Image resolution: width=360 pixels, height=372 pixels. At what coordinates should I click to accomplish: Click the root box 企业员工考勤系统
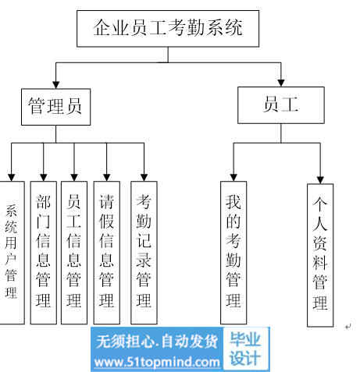pyautogui.click(x=168, y=29)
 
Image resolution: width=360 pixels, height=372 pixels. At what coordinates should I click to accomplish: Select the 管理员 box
pyautogui.click(x=56, y=107)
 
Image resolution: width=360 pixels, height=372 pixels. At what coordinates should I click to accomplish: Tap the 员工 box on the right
pyautogui.click(x=281, y=105)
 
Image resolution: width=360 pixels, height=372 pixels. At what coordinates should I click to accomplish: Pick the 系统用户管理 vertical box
pyautogui.click(x=12, y=253)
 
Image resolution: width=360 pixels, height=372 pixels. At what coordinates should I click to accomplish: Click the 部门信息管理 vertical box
pyautogui.click(x=44, y=253)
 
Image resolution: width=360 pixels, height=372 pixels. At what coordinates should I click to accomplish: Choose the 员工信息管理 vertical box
pyautogui.click(x=74, y=253)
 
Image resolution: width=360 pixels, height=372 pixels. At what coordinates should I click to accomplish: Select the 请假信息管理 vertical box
pyautogui.click(x=107, y=253)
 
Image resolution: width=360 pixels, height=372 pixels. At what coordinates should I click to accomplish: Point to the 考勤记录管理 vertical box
pyautogui.click(x=144, y=253)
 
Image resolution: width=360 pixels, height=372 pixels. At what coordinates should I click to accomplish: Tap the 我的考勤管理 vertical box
pyautogui.click(x=233, y=253)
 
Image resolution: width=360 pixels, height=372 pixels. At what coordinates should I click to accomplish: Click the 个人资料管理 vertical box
pyautogui.click(x=320, y=255)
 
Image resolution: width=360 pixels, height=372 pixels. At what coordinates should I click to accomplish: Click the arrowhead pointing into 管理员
pyautogui.click(x=56, y=85)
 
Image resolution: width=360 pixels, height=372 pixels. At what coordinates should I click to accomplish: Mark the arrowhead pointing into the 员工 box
pyautogui.click(x=281, y=83)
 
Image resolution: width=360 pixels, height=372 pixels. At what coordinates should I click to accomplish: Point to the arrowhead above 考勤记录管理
pyautogui.click(x=144, y=178)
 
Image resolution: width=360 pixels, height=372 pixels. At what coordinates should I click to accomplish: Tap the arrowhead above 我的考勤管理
pyautogui.click(x=233, y=178)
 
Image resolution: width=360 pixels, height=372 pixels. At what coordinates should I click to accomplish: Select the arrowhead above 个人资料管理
pyautogui.click(x=320, y=180)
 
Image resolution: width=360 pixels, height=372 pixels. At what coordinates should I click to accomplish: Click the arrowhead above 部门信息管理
pyautogui.click(x=44, y=178)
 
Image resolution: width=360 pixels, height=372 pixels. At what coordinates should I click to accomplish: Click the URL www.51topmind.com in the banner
pyautogui.click(x=157, y=363)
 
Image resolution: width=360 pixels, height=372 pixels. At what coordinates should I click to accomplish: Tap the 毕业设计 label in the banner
pyautogui.click(x=245, y=349)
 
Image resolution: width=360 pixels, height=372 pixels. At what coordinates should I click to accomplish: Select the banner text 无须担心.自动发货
pyautogui.click(x=157, y=341)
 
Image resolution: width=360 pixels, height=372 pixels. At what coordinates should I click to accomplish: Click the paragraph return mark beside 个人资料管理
pyautogui.click(x=348, y=326)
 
